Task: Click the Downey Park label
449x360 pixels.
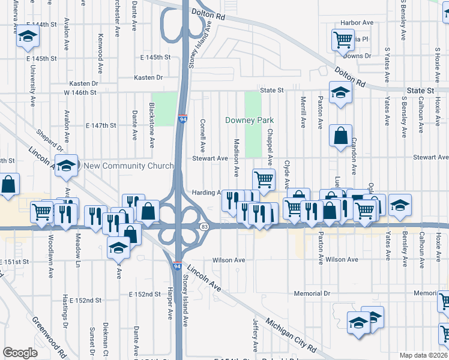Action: [x=249, y=120]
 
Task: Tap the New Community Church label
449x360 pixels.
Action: [x=128, y=166]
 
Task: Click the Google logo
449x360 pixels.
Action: [x=20, y=353]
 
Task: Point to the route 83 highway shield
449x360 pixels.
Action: [x=205, y=226]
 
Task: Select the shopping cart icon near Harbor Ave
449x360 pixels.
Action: [x=342, y=40]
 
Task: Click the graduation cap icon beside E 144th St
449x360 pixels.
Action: [x=27, y=37]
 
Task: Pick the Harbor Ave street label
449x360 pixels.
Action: [x=357, y=23]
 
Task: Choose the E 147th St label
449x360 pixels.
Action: [x=100, y=125]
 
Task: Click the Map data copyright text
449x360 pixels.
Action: [x=423, y=355]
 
